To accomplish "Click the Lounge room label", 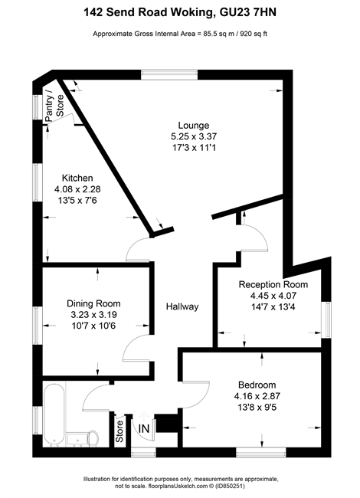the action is point(193,125).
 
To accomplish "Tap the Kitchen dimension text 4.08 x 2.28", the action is point(77,189).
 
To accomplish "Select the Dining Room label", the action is point(93,303).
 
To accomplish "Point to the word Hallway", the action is point(182,306).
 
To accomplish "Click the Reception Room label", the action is point(273,284).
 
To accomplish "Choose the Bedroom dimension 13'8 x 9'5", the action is point(257,407).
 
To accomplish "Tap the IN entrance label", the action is point(144,429).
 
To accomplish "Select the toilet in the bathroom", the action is point(93,438).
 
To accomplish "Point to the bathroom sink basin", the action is point(77,439).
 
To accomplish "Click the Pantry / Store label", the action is point(54,106).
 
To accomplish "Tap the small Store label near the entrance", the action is point(119,431).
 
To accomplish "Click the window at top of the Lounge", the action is point(169,74).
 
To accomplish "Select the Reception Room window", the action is point(326,319).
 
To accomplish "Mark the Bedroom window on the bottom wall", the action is point(261,452).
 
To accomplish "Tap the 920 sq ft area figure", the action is point(254,34).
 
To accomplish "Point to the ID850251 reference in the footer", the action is point(230,486).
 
